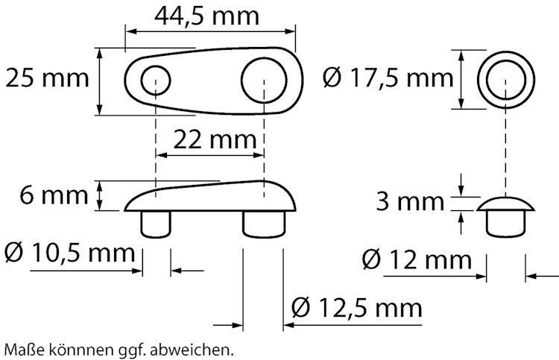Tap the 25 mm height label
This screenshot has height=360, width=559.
45,78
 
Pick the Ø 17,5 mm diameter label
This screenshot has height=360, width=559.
388,77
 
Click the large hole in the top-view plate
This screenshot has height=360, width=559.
264,77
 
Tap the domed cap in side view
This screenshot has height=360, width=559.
507,203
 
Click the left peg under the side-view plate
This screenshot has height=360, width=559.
157,224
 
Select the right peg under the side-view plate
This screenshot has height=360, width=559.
265,224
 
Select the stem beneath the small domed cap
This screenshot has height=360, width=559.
507,222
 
